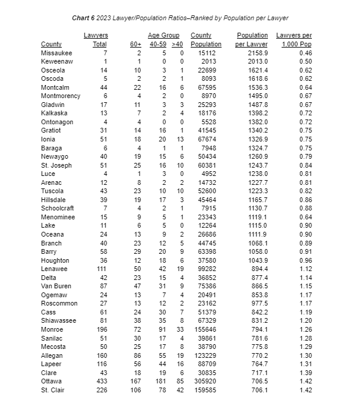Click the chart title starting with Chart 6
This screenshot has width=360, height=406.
(x=180, y=18)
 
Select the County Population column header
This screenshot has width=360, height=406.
(x=206, y=40)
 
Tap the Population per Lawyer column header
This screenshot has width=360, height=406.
(x=252, y=40)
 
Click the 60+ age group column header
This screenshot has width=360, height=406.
(x=135, y=45)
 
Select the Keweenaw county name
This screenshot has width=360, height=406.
(x=56, y=62)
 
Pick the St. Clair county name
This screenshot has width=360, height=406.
(x=53, y=390)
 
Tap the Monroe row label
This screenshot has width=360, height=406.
(x=52, y=329)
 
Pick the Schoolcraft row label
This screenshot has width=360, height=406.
(x=58, y=209)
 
